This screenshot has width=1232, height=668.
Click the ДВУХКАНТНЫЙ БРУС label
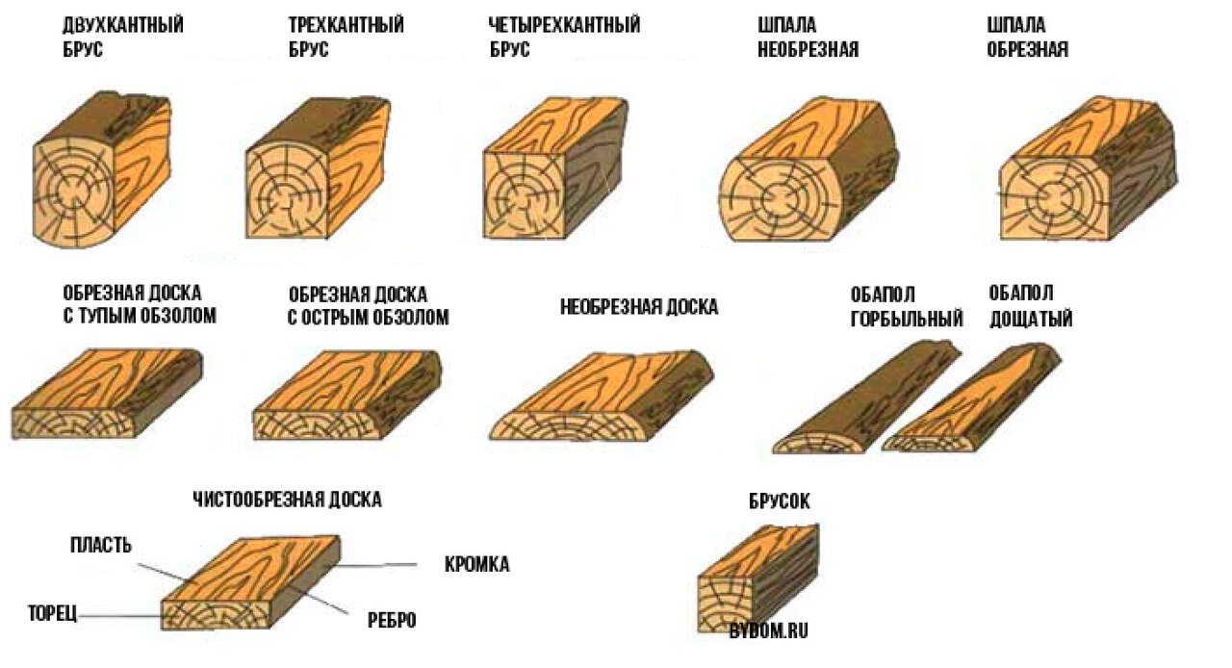coord(123,38)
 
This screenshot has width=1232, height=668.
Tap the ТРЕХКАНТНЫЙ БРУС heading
coord(346,38)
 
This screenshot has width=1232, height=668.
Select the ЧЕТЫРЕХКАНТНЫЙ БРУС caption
coord(564,38)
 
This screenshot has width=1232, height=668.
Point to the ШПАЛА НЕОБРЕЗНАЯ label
coord(808,38)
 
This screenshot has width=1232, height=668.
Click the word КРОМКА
coord(476,565)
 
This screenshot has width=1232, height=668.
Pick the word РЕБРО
coord(392,620)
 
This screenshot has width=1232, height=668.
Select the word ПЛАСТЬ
coord(100,546)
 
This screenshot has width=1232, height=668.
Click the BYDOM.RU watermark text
coord(768,631)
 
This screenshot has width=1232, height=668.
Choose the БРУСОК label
coord(779,501)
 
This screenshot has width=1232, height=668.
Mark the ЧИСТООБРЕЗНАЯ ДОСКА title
coord(287,500)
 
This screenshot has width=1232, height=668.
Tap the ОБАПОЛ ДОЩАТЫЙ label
coord(1030,306)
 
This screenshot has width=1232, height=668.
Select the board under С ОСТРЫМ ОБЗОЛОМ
coord(346,397)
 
